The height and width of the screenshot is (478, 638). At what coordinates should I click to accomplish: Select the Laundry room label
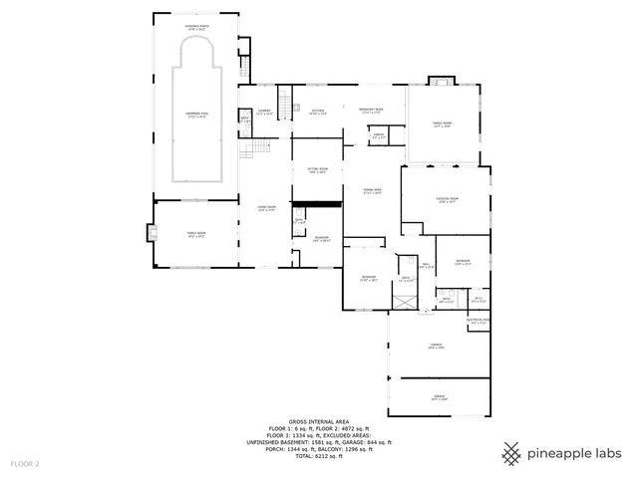(x=264, y=112)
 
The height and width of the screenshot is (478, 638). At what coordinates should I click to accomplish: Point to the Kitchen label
(x=317, y=112)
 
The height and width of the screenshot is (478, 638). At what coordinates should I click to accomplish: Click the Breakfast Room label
(x=371, y=111)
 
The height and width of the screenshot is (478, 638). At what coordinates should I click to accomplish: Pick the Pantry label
(x=378, y=135)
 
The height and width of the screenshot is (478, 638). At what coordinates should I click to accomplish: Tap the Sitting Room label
(x=317, y=171)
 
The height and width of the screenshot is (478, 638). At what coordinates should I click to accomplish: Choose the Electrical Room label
(x=478, y=321)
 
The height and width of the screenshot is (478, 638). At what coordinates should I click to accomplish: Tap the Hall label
(x=426, y=265)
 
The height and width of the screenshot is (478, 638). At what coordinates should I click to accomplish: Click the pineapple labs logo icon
(x=511, y=453)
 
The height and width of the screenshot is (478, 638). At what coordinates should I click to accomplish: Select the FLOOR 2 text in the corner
(x=25, y=464)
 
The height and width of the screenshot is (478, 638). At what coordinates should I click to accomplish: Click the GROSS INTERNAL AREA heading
(x=319, y=422)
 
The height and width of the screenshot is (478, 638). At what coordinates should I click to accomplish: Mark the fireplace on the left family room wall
(x=153, y=233)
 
